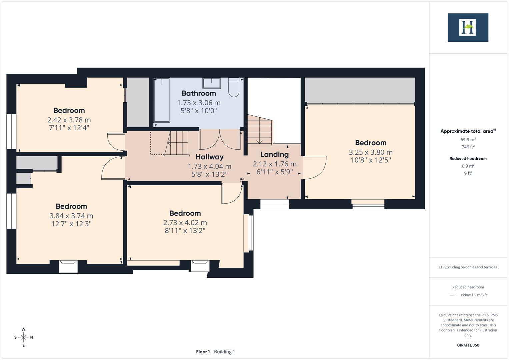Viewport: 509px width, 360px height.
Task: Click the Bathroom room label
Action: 199,93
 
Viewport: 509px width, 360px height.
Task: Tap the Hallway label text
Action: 209,157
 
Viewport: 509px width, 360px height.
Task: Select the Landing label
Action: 274,154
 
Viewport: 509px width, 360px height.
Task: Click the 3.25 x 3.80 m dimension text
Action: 370,152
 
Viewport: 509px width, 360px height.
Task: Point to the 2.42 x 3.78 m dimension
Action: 69,120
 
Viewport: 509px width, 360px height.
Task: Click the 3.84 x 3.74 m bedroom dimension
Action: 71,216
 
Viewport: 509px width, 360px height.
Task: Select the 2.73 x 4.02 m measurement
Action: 185,223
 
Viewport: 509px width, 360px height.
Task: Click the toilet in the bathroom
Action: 234,87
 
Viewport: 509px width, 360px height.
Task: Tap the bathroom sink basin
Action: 212,83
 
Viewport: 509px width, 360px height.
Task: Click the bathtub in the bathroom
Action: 162,100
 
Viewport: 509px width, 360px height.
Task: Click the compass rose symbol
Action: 23,337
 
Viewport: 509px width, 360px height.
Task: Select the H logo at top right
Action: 468,27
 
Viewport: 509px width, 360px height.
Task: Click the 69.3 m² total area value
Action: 468,140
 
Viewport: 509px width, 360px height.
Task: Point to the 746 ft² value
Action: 468,147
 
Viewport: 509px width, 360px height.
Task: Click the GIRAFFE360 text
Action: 468,345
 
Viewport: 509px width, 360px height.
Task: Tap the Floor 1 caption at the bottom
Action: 203,352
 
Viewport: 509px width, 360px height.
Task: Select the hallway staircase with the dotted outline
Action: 177,143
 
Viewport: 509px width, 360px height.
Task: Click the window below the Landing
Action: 275,204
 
